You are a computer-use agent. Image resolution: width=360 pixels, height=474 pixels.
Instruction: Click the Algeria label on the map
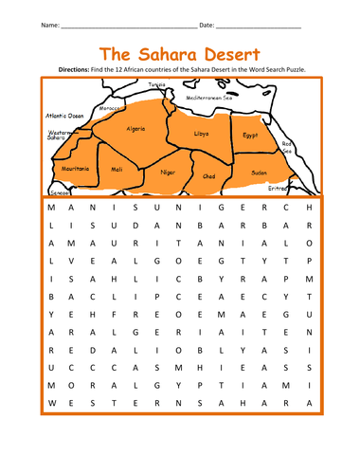tap(135, 128)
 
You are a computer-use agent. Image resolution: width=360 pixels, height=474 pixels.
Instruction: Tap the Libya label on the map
tap(201, 134)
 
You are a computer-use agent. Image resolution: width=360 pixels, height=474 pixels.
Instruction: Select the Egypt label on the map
tap(249, 135)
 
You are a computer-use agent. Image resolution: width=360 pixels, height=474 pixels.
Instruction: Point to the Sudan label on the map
tap(260, 173)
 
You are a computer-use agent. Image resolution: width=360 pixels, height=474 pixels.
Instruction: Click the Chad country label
tap(209, 175)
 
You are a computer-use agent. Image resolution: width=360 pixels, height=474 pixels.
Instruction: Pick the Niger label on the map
tap(167, 172)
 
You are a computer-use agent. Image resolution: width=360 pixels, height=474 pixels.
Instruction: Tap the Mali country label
tap(117, 169)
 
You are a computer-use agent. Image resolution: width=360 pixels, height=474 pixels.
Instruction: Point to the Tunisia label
tap(156, 85)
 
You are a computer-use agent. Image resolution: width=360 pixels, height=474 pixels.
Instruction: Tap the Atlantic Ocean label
tap(64, 116)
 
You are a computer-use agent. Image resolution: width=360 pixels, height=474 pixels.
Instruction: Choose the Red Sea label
tap(287, 147)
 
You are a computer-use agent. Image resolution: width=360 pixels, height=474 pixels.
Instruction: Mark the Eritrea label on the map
tap(280, 188)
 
